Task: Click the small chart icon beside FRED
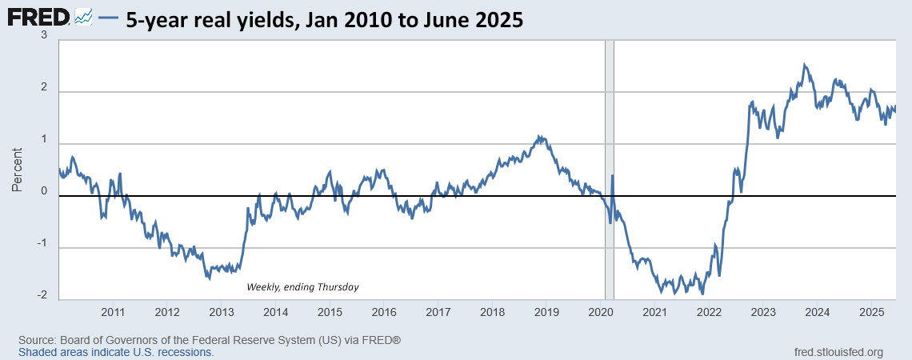(x=84, y=18)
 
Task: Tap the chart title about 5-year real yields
(x=324, y=19)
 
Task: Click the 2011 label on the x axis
(x=113, y=312)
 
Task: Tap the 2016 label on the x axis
(x=384, y=312)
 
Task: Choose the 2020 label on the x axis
(x=601, y=312)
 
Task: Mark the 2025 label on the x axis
(x=871, y=312)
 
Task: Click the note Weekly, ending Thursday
(x=302, y=286)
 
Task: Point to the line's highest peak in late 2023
(x=804, y=66)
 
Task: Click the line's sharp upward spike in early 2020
(x=613, y=176)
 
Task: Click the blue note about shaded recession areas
(x=116, y=352)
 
